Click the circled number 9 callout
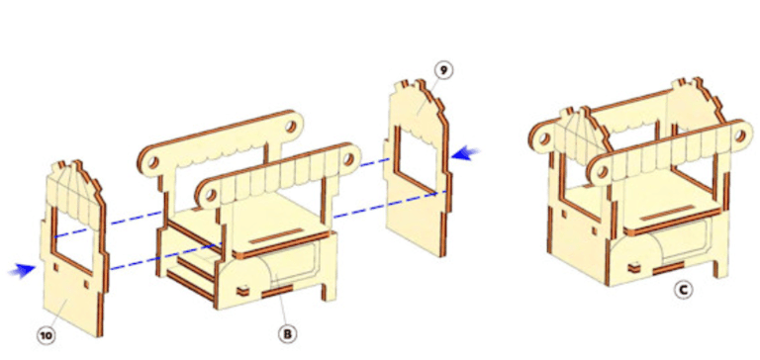(x=443, y=71)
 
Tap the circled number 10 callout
(x=47, y=336)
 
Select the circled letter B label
(x=287, y=334)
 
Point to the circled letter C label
(x=684, y=290)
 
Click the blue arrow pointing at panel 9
(x=465, y=152)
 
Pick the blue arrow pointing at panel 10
(x=23, y=269)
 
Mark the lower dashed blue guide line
(x=274, y=230)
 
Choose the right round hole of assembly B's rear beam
(x=290, y=127)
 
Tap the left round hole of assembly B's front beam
(x=210, y=196)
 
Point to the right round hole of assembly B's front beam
(x=348, y=157)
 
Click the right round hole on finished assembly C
(x=739, y=135)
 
